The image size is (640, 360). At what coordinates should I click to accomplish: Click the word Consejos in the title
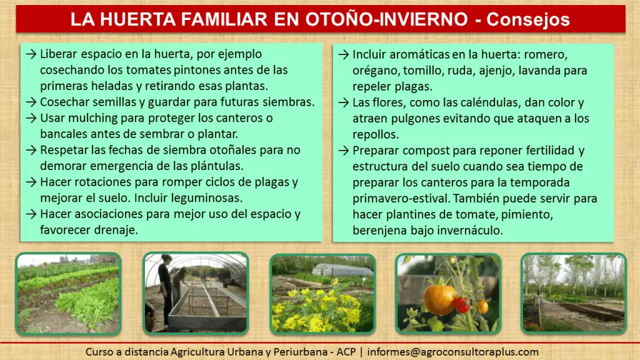(x=527, y=19)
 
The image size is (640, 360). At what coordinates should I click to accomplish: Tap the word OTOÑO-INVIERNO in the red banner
(x=386, y=19)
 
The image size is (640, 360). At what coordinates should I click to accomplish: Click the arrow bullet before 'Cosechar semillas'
(x=31, y=102)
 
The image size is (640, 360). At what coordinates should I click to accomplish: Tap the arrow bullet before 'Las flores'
(x=344, y=102)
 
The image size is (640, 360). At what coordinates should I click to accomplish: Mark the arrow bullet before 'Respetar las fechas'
(x=31, y=150)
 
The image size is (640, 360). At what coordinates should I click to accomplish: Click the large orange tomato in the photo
(x=439, y=300)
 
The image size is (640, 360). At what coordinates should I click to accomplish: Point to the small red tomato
(x=461, y=304)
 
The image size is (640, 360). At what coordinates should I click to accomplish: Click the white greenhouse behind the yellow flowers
(x=342, y=270)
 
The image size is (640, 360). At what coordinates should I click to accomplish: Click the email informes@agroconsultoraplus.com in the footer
(x=452, y=352)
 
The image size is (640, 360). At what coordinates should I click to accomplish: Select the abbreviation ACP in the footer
(x=346, y=352)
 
